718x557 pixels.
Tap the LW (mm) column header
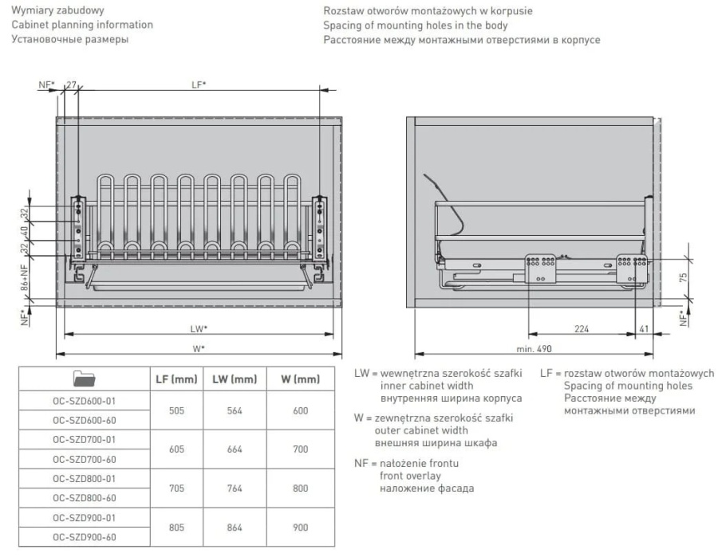pyautogui.click(x=235, y=380)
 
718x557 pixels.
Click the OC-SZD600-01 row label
pyautogui.click(x=83, y=401)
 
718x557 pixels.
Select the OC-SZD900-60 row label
pyautogui.click(x=83, y=537)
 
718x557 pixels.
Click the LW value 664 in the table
pyautogui.click(x=235, y=449)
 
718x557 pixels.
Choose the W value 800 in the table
pyautogui.click(x=300, y=488)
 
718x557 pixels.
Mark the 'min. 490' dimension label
pyautogui.click(x=534, y=349)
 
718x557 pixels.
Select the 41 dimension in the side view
pyautogui.click(x=643, y=328)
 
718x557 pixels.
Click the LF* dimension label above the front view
pyautogui.click(x=199, y=84)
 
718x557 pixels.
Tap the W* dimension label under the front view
pyautogui.click(x=199, y=348)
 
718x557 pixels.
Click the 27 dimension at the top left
pyautogui.click(x=71, y=84)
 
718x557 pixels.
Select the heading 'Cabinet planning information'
pyautogui.click(x=82, y=25)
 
